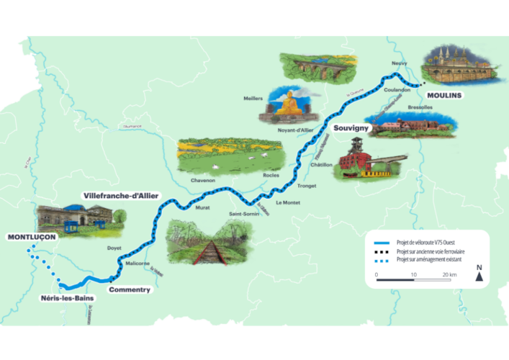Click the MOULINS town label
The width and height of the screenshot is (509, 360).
coord(443,94)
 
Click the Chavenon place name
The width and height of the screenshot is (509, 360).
coord(203,180)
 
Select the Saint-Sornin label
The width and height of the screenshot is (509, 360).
coord(243,214)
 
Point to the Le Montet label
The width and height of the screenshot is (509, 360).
coord(289,202)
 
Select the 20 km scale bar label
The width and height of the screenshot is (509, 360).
coord(451,275)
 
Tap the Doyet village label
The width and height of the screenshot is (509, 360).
coord(114,248)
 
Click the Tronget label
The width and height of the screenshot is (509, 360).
coord(307,186)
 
